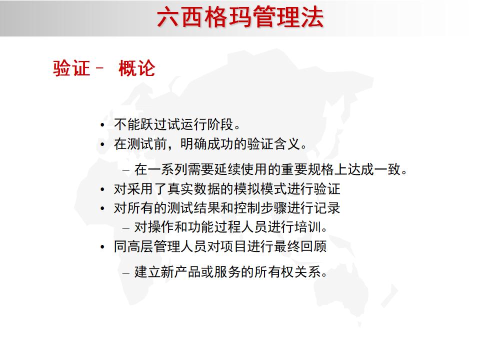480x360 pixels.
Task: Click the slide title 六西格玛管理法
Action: pyautogui.click(x=240, y=17)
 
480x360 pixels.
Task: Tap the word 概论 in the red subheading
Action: pyautogui.click(x=136, y=68)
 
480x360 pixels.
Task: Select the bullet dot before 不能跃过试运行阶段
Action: pyautogui.click(x=102, y=124)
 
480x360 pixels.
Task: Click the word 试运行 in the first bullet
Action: pyautogui.click(x=186, y=123)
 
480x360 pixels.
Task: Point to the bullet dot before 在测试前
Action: pyautogui.click(x=102, y=145)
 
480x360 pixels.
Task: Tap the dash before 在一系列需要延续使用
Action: pyautogui.click(x=126, y=170)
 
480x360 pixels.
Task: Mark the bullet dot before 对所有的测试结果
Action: pyautogui.click(x=102, y=208)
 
